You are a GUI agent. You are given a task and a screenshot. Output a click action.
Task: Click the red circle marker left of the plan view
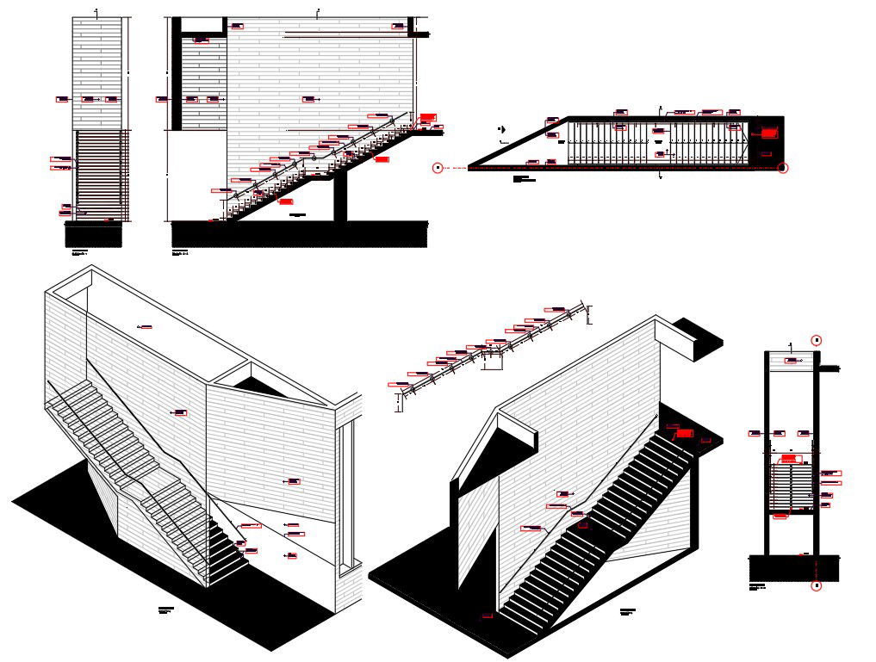tap(438, 168)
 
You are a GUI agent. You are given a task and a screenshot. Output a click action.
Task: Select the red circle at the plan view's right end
tap(782, 168)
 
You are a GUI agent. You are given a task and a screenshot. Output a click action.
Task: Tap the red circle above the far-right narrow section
tap(817, 340)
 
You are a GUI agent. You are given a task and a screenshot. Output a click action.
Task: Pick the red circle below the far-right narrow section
tap(817, 586)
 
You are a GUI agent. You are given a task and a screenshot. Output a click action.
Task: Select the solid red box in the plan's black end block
tap(769, 133)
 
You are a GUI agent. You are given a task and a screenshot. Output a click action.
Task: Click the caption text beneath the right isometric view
tap(627, 612)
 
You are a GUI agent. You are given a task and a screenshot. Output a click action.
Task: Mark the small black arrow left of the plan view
tap(501, 130)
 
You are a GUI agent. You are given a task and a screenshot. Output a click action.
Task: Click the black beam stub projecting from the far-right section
tap(829, 369)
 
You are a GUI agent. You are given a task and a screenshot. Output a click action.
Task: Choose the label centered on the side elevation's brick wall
tap(308, 100)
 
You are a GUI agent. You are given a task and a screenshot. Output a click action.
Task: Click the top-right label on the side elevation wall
tap(398, 27)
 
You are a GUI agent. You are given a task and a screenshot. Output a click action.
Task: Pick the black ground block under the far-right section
tap(793, 568)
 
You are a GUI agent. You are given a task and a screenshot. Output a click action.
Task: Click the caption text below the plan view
tap(524, 179)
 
